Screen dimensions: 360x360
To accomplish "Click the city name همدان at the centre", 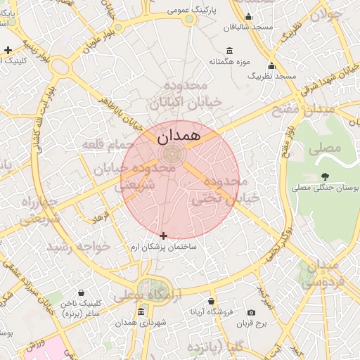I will (179, 134).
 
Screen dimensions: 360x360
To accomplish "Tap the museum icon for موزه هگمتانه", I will (230, 50).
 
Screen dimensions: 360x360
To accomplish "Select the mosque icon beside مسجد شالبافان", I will (247, 18).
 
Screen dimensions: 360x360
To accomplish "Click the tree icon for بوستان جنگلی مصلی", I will (325, 176).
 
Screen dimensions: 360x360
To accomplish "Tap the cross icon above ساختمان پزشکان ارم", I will (164, 236).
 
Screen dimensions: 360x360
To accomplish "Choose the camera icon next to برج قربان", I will (252, 312).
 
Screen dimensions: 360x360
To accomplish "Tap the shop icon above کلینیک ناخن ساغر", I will (82, 292).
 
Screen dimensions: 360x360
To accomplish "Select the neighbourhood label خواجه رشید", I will (78, 247).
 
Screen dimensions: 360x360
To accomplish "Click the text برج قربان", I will (252, 324).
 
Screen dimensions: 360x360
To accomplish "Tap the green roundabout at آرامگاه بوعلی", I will (149, 288).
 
